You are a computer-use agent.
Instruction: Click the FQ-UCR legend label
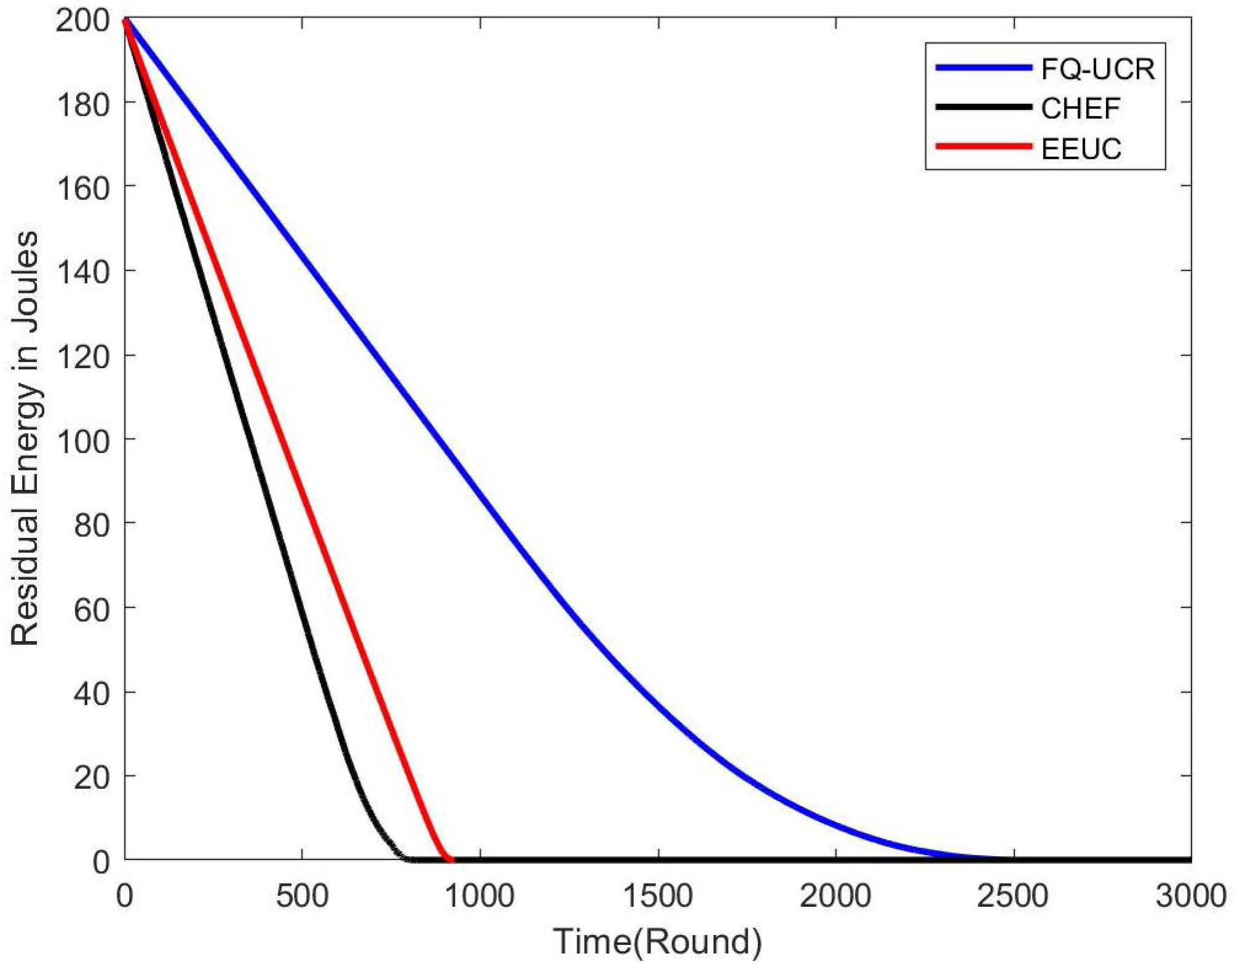point(1098,69)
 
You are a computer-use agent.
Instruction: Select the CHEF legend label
point(1080,109)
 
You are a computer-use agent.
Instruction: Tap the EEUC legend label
point(1081,149)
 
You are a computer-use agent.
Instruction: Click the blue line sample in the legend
point(983,68)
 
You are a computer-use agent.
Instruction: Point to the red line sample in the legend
point(983,146)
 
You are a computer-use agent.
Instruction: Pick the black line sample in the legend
point(983,107)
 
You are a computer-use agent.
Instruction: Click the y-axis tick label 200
point(82,21)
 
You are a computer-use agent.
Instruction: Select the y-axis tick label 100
point(82,441)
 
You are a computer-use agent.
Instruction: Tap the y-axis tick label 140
point(82,272)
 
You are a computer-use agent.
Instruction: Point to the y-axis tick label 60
point(91,609)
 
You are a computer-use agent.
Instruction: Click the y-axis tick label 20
point(91,778)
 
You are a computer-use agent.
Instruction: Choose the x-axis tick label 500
point(302,896)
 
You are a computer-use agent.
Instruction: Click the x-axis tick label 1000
point(480,896)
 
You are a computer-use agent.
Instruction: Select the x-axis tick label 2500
point(1013,896)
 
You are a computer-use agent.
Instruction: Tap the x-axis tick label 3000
point(1191,896)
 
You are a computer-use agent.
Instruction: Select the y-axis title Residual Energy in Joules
point(26,438)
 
